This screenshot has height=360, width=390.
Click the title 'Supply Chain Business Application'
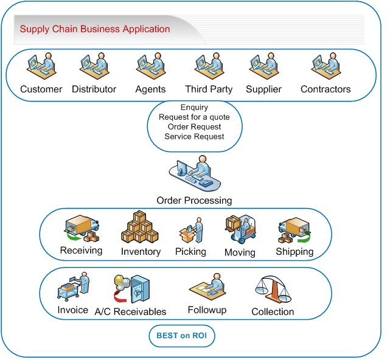pos(95,29)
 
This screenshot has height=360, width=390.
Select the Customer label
pos(41,89)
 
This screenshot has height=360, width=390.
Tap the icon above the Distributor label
pos(94,67)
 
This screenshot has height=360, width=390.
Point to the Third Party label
pos(209,89)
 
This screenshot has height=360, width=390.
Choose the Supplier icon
pos(263,67)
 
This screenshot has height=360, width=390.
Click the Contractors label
pos(326,89)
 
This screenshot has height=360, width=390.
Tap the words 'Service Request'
pos(195,136)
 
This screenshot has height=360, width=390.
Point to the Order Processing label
pos(194,201)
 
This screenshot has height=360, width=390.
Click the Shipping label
pos(294,251)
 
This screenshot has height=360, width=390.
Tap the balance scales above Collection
pos(273,289)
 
